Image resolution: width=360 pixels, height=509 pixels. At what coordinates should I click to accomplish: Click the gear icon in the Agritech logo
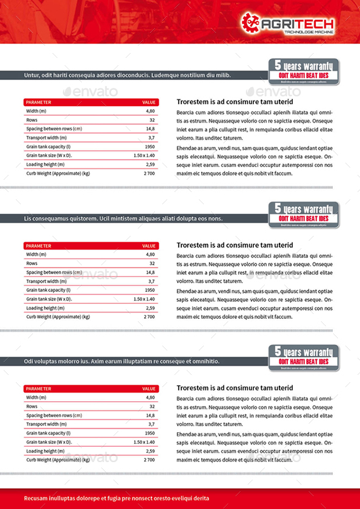(x=250, y=22)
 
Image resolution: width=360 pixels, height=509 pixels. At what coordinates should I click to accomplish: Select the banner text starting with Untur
(x=127, y=75)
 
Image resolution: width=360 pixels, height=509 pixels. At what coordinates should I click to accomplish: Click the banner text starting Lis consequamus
(x=123, y=218)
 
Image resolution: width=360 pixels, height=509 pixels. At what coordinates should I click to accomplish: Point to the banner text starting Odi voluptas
(x=121, y=361)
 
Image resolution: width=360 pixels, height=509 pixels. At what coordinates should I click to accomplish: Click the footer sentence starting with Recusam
(x=116, y=498)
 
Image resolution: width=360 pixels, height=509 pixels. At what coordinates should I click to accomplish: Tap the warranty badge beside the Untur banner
(x=303, y=70)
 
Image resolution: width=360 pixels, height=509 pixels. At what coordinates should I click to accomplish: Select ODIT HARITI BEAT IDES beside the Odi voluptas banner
(x=303, y=361)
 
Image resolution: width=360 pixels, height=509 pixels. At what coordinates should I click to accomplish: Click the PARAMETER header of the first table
(x=38, y=102)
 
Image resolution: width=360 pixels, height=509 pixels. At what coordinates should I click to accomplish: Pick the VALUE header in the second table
(x=149, y=246)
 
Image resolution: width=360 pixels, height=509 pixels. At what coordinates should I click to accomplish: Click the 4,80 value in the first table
(x=150, y=112)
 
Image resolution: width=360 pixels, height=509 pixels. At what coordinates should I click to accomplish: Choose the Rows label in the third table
(x=32, y=406)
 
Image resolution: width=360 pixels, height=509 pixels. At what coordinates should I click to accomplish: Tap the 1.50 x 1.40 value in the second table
(x=144, y=299)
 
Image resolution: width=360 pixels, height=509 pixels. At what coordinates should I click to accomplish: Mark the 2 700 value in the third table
(x=149, y=460)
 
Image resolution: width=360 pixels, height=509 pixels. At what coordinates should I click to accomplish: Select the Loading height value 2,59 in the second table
(x=150, y=308)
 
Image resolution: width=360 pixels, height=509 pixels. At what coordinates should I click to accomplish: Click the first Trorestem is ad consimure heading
(x=235, y=102)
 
